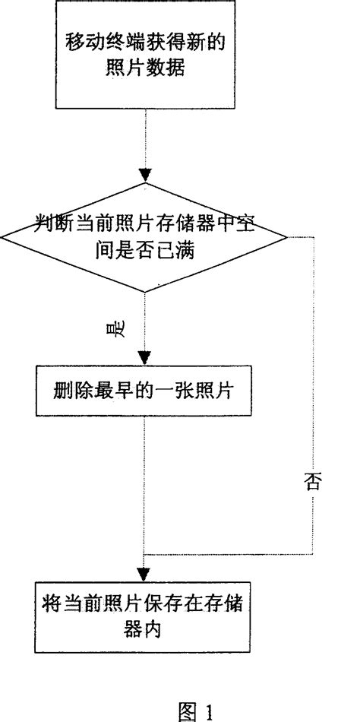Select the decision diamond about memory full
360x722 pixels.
point(144,236)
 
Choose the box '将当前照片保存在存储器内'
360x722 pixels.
point(144,616)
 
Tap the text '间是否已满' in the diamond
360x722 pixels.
point(144,250)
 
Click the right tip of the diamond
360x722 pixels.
point(287,237)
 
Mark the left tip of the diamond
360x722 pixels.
point(2,237)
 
